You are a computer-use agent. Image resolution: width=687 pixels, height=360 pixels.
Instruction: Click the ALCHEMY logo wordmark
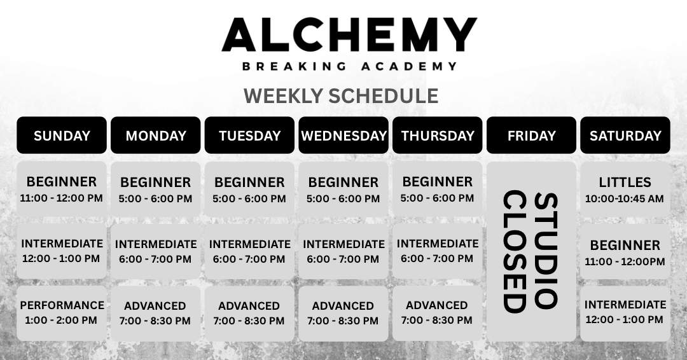349,34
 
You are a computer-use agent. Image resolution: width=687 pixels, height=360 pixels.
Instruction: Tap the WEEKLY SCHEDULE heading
341,96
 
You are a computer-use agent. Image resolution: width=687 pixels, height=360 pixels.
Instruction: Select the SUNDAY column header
62,135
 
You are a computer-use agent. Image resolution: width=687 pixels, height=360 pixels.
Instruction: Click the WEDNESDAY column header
343,135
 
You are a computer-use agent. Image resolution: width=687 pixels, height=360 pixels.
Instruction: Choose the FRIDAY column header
531,135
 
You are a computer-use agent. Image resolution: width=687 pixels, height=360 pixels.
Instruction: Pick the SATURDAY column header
625,135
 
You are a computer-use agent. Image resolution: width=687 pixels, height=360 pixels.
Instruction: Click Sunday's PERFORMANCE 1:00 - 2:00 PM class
62,313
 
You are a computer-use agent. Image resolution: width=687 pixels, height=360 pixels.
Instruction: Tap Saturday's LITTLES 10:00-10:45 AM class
625,189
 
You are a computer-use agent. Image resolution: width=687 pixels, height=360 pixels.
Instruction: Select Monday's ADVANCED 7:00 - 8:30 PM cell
156,313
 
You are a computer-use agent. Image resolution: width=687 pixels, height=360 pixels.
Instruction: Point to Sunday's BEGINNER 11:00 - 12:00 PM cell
62,189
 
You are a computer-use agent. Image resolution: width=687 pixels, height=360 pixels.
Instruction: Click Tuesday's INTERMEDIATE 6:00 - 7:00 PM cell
250,251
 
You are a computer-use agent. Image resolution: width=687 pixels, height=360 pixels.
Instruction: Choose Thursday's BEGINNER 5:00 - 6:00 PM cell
437,189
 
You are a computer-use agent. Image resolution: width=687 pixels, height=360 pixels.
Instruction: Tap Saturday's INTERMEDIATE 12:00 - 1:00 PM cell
625,313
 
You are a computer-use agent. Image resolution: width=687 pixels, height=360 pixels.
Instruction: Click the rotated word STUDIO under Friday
546,251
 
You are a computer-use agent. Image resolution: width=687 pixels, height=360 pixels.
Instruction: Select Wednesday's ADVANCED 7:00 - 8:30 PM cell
343,313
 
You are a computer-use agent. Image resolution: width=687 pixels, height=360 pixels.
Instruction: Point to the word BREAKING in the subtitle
295,67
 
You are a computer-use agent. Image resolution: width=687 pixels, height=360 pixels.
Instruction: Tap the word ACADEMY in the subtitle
409,67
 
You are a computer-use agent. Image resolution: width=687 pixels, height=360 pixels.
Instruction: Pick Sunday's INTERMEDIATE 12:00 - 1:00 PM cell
62,251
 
